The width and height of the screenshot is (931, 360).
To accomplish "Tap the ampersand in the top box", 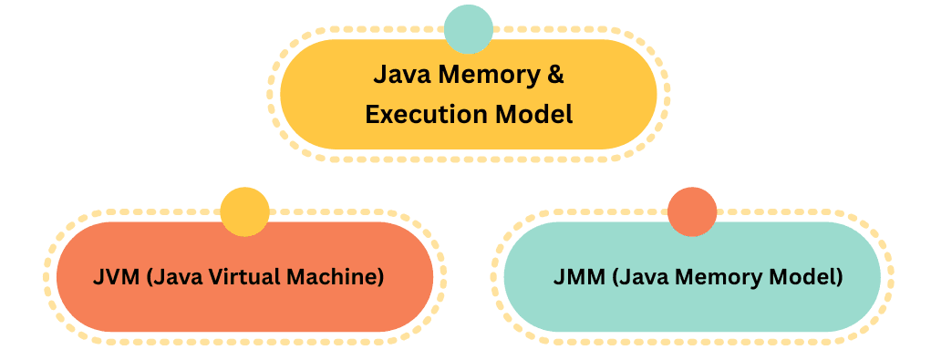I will pyautogui.click(x=554, y=74).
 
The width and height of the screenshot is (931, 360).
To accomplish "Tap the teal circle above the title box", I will pyautogui.click(x=469, y=29).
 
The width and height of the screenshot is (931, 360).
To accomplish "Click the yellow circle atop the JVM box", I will pyautogui.click(x=244, y=211).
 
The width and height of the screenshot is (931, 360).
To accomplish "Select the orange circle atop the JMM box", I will pyautogui.click(x=692, y=211).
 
